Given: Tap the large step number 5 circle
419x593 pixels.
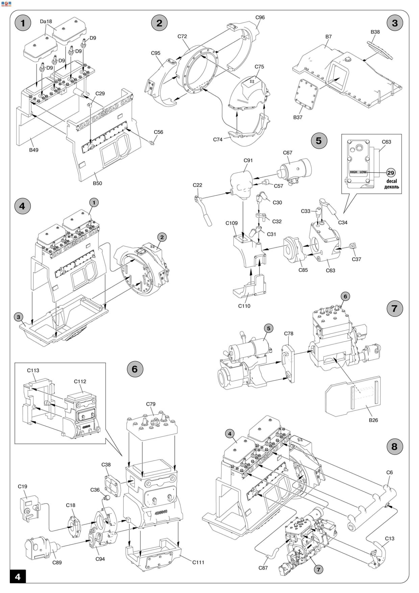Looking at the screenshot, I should point(319,141).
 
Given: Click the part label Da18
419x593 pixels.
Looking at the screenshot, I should point(46,21).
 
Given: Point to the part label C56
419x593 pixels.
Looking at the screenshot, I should point(158,132).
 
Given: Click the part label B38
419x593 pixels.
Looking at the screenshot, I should point(375,32).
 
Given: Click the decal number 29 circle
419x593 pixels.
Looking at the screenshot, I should point(391,173).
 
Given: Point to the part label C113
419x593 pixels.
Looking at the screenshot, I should point(33,371).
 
